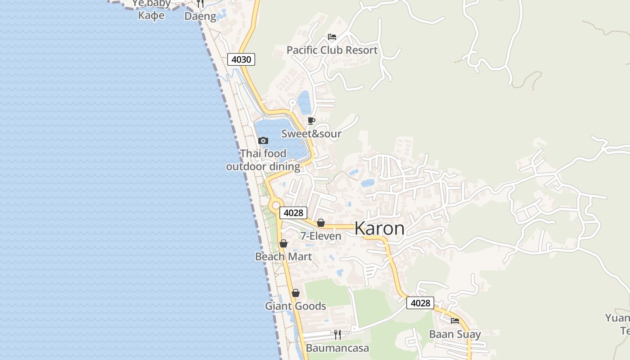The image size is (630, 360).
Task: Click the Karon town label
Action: point(379,229)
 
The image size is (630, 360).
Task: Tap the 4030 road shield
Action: point(241,59)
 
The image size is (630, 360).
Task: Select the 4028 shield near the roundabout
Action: point(293,213)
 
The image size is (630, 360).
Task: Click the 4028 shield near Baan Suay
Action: point(420,303)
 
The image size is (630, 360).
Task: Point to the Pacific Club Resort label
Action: point(332,50)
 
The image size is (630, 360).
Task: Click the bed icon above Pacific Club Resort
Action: point(332,37)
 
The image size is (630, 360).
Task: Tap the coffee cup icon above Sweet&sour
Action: point(311,121)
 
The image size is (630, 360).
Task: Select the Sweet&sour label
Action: point(311,134)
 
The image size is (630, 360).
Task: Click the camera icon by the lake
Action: point(263,141)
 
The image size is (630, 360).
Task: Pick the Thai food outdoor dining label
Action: point(263,160)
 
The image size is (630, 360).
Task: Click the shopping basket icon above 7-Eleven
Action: point(321,223)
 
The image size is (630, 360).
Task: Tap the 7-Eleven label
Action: point(321,236)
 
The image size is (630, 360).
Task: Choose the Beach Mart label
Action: point(283,256)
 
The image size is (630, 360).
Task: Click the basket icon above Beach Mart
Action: point(283,243)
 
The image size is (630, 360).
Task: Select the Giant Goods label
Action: point(295,306)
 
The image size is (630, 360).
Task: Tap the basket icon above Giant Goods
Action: point(296,293)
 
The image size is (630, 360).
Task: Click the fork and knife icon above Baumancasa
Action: point(337,334)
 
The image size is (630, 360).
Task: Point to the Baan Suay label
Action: point(455,334)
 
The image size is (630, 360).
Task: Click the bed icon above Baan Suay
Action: point(455,321)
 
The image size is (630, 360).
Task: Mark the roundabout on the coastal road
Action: point(276,205)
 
